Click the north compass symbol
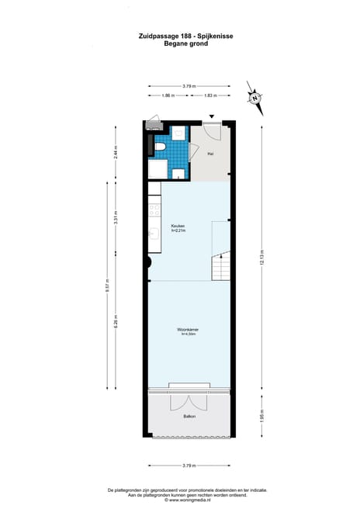point(254,96)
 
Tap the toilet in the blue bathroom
point(158,146)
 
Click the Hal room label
point(210,154)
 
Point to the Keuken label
point(178,226)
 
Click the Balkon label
point(189,417)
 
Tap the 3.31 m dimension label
point(116,218)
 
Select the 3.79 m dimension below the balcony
point(189,466)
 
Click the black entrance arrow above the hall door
point(210,116)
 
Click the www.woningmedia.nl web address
point(189,500)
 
